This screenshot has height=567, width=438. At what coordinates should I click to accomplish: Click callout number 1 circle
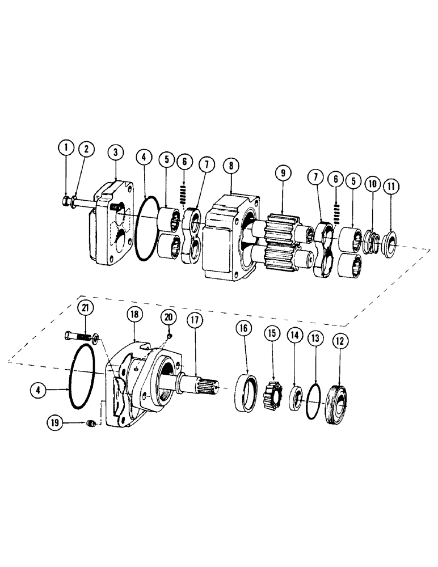66,149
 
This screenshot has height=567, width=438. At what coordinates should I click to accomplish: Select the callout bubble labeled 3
115,152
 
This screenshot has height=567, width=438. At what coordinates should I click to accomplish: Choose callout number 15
271,333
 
